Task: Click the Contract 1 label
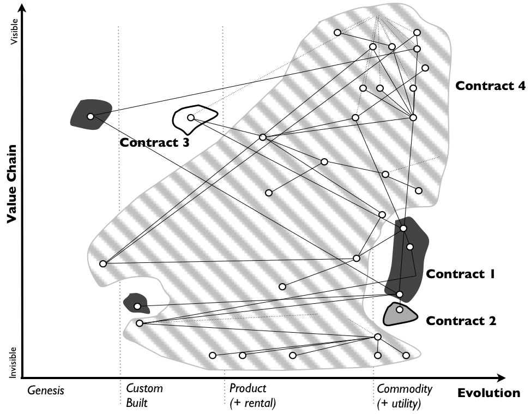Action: tap(460, 274)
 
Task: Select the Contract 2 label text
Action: tap(461, 321)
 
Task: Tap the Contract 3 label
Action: tap(154, 143)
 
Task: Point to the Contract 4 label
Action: tap(490, 86)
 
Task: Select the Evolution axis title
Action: tap(488, 393)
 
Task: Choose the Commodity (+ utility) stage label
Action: tap(405, 396)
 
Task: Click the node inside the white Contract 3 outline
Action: tap(191, 118)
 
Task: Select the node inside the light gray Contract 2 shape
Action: tap(400, 310)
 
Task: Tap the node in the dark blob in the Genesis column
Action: tap(90, 116)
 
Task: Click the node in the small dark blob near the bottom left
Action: tap(137, 306)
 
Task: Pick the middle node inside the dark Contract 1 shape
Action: tap(409, 247)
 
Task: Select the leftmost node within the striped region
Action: tap(103, 264)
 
